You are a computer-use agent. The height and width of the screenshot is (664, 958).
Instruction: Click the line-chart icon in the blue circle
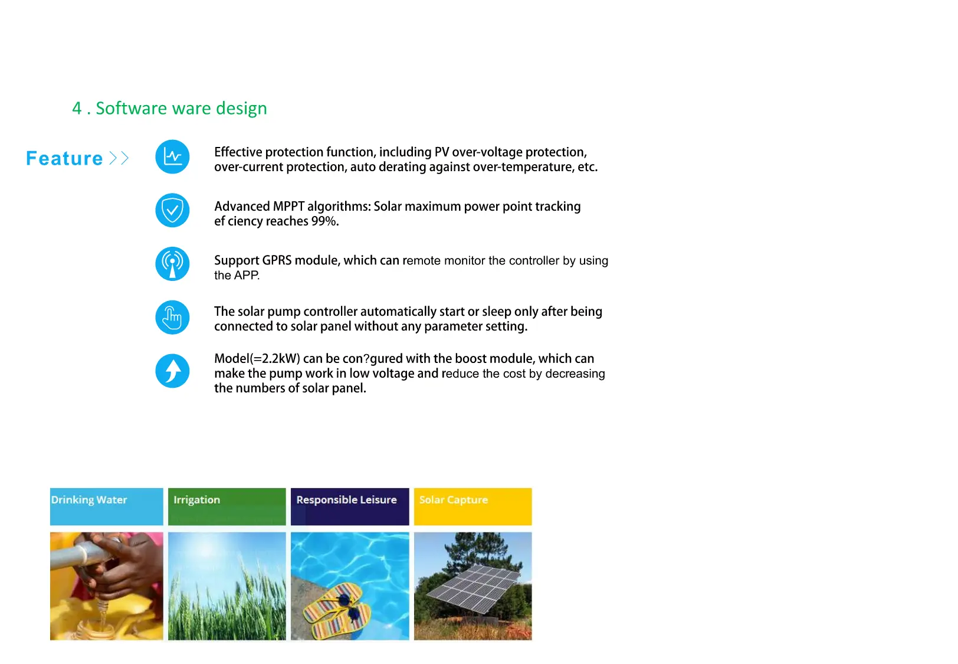pyautogui.click(x=172, y=156)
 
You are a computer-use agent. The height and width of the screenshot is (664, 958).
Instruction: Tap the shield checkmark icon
pyautogui.click(x=172, y=211)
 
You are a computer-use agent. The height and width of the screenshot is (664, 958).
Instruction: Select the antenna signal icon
pyautogui.click(x=172, y=264)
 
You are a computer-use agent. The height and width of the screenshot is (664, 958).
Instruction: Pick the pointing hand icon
pyautogui.click(x=172, y=318)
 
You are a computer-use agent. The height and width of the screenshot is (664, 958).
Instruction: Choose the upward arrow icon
pyautogui.click(x=172, y=371)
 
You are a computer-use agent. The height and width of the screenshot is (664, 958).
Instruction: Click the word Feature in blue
pyautogui.click(x=64, y=158)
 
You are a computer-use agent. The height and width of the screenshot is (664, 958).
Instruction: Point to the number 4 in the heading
pyautogui.click(x=77, y=108)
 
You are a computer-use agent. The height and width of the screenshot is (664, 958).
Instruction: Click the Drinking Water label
pyautogui.click(x=89, y=500)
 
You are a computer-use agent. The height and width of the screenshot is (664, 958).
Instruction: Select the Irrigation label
pyautogui.click(x=197, y=500)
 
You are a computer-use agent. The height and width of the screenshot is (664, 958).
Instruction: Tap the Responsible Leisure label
pyautogui.click(x=346, y=500)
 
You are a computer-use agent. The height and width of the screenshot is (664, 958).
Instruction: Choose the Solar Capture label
pyautogui.click(x=453, y=500)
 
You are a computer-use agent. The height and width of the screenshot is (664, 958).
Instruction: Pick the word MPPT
pyautogui.click(x=288, y=206)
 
